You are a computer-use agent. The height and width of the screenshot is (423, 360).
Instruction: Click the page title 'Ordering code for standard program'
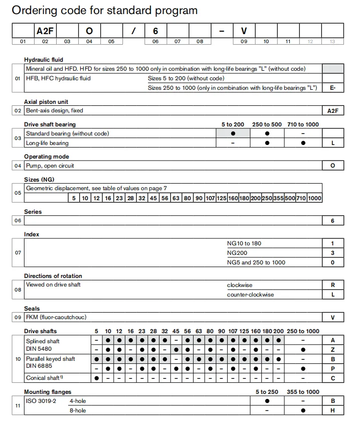(x=104, y=10)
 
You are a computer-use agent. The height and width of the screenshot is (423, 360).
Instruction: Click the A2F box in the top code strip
(x=45, y=31)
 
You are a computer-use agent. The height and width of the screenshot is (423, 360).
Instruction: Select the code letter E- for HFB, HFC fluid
(x=332, y=87)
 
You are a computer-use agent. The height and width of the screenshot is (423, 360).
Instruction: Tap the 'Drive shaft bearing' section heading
(x=50, y=124)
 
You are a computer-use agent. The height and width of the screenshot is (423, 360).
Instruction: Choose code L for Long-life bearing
(x=332, y=143)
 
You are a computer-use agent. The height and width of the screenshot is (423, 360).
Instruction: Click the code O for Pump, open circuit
(x=332, y=166)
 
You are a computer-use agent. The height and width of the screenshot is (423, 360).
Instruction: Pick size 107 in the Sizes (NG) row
(x=210, y=198)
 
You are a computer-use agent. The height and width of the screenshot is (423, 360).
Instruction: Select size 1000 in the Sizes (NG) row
(x=314, y=198)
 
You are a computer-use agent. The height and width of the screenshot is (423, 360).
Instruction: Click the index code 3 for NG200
(x=332, y=253)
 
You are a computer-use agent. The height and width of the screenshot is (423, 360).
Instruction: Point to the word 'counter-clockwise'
(x=250, y=295)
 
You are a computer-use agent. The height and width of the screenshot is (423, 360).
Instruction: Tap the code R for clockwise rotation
(x=332, y=285)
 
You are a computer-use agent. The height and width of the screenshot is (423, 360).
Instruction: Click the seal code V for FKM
(x=332, y=317)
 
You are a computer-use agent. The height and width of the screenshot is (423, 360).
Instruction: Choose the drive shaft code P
(x=332, y=368)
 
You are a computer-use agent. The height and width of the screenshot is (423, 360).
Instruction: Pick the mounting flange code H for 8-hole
(x=332, y=410)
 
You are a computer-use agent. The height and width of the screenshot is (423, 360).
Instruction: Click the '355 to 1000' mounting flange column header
(x=302, y=391)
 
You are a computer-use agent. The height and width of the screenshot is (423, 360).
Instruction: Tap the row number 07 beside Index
(x=18, y=252)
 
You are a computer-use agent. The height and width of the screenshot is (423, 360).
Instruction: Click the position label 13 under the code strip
(x=332, y=42)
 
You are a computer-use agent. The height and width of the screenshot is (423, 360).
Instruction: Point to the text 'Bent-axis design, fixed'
(x=55, y=110)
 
